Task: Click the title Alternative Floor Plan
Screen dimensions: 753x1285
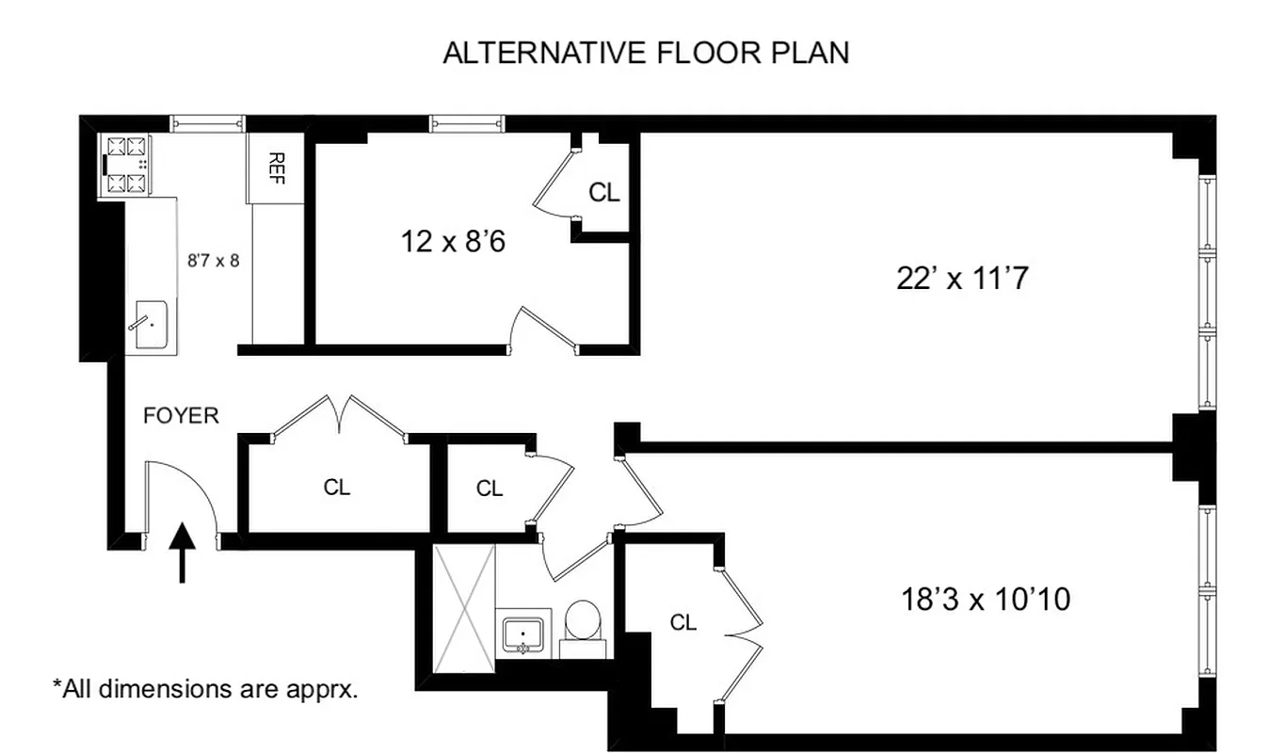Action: [x=646, y=53]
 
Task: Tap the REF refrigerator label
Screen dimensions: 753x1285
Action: [x=276, y=168]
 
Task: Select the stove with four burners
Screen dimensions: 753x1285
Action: [x=127, y=165]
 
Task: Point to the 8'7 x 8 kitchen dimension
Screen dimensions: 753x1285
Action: [x=214, y=261]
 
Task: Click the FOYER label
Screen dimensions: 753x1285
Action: [x=181, y=415]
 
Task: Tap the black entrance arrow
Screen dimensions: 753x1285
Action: [x=183, y=552]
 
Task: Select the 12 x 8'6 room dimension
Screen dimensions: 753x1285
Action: [x=453, y=242]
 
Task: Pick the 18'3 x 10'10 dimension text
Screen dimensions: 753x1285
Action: [x=986, y=599]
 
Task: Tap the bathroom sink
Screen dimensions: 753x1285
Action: [x=522, y=634]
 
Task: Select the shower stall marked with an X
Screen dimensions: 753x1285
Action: [x=463, y=609]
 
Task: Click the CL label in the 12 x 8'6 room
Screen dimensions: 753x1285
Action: [x=604, y=193]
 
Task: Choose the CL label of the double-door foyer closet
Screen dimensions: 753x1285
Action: [x=337, y=488]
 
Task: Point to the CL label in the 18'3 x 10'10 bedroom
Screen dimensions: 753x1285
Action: [x=683, y=622]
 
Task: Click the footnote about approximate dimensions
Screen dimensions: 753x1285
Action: [x=205, y=689]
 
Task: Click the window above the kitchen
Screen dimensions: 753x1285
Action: [x=207, y=123]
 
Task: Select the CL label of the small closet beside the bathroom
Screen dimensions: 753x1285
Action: [x=490, y=489]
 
